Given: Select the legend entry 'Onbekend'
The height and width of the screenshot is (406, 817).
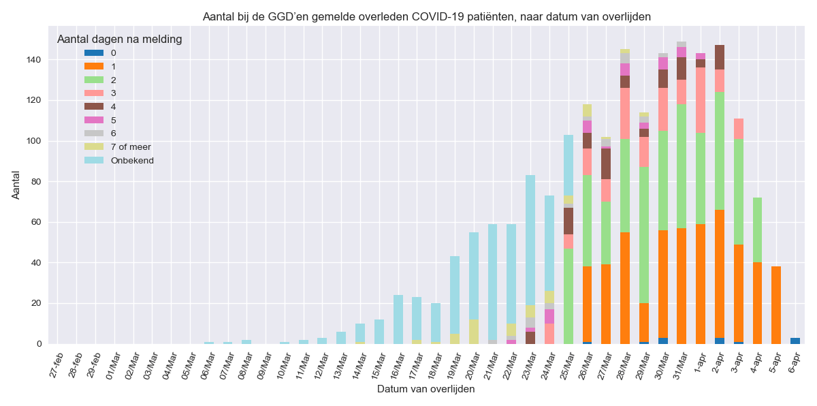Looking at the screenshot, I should [x=132, y=161].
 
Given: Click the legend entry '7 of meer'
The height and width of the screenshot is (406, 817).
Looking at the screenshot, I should [x=131, y=147].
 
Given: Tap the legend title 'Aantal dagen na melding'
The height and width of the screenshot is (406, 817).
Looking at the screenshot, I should [x=119, y=40].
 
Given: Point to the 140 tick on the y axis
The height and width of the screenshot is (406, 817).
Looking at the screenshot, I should [x=37, y=60].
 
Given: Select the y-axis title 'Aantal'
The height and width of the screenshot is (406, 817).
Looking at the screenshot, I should [x=16, y=185].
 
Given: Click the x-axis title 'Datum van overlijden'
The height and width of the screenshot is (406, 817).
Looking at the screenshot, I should [x=426, y=390].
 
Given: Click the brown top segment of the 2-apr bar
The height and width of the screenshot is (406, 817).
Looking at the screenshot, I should [x=720, y=57].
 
